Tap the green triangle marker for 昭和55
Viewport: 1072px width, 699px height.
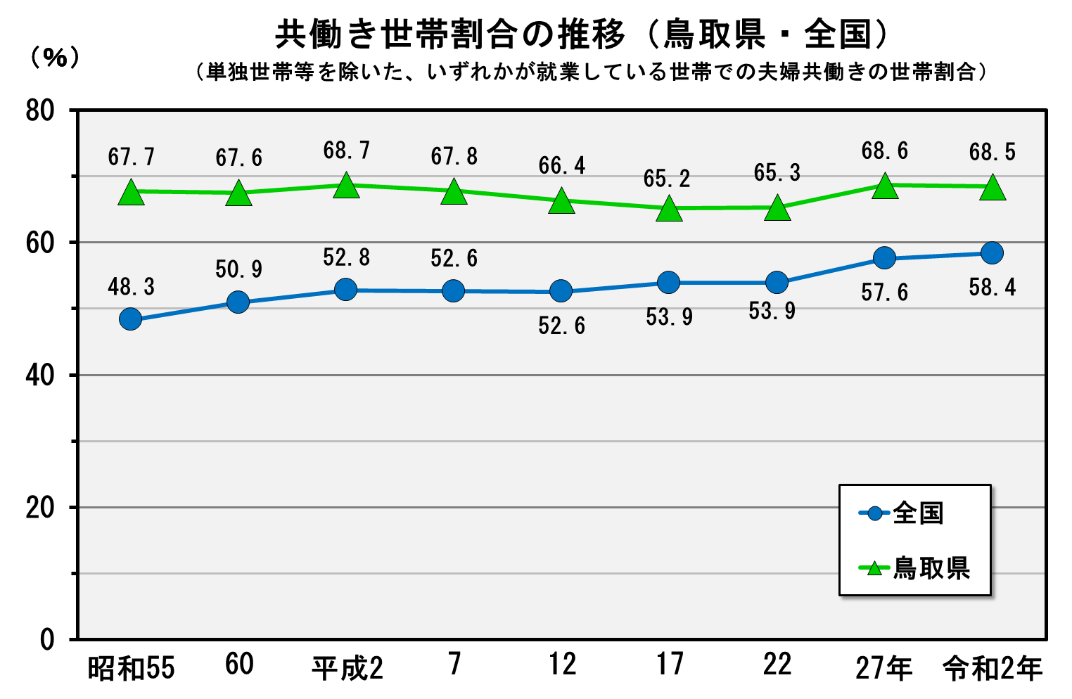(131, 192)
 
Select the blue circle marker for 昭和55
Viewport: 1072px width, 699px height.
(131, 319)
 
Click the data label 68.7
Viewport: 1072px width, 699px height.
(346, 150)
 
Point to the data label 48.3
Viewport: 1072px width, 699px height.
(131, 287)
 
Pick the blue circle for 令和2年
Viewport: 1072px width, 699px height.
(992, 253)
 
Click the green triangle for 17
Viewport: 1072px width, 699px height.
(669, 209)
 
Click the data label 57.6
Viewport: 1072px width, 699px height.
(884, 292)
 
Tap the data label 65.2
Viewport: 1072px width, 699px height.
(667, 179)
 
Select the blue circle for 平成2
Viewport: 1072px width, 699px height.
(346, 289)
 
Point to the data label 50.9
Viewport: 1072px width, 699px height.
(238, 269)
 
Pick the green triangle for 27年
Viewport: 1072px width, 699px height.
(884, 186)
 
